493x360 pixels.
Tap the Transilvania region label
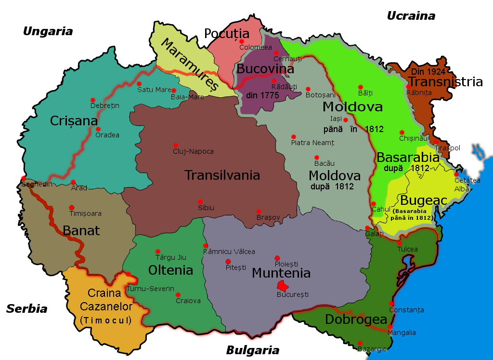click(x=222, y=175)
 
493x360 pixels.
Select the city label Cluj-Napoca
click(x=193, y=151)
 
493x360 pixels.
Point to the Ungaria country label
click(x=48, y=31)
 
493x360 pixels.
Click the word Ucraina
click(x=411, y=15)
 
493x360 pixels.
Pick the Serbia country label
click(x=26, y=308)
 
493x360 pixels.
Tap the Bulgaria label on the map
click(x=252, y=350)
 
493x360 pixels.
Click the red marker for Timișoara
click(x=72, y=208)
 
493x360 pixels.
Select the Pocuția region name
click(x=227, y=33)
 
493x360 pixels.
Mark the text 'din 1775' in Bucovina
click(x=262, y=95)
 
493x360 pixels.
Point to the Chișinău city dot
click(x=402, y=132)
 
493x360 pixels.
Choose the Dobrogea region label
click(x=356, y=319)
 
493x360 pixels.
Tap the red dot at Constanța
click(x=391, y=303)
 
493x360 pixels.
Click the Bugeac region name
click(x=417, y=200)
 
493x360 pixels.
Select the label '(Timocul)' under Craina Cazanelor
click(x=106, y=320)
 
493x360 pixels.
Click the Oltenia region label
click(x=170, y=269)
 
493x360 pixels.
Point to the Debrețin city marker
click(x=92, y=100)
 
